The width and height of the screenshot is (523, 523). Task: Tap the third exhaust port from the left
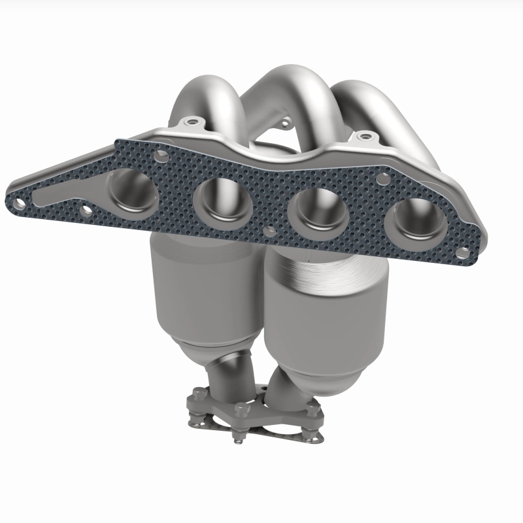click(x=315, y=211)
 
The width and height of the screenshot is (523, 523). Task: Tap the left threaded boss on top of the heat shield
click(x=190, y=122)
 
